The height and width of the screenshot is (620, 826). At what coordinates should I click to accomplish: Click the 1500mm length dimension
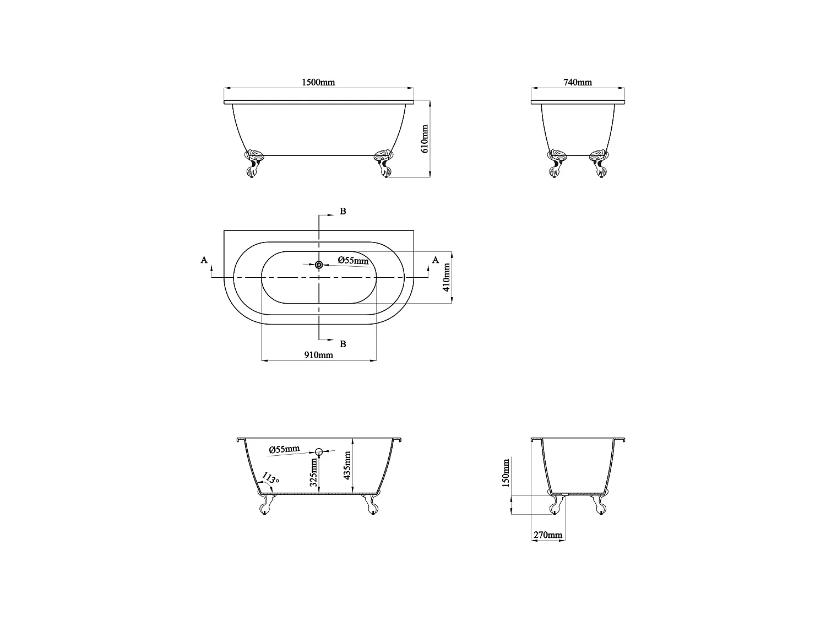pyautogui.click(x=318, y=83)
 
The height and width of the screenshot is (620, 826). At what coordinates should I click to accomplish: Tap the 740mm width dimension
pyautogui.click(x=578, y=83)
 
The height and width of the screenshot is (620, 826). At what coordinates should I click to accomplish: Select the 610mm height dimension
pyautogui.click(x=424, y=138)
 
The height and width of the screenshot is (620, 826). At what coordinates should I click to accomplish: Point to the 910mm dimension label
pyautogui.click(x=318, y=355)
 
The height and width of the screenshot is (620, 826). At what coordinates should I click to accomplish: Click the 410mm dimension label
pyautogui.click(x=447, y=277)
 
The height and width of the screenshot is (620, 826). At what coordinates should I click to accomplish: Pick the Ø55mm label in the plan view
pyautogui.click(x=353, y=260)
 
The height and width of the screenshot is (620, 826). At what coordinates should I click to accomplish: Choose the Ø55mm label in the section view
pyautogui.click(x=284, y=449)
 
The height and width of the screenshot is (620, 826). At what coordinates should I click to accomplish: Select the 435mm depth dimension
pyautogui.click(x=347, y=466)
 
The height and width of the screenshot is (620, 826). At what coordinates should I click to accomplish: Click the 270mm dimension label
pyautogui.click(x=547, y=535)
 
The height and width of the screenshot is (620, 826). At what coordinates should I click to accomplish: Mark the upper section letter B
pyautogui.click(x=343, y=212)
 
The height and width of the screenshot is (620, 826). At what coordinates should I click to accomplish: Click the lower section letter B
pyautogui.click(x=343, y=344)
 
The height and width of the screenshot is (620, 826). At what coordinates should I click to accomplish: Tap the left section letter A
pyautogui.click(x=204, y=260)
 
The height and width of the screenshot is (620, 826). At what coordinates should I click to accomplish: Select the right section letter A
pyautogui.click(x=436, y=260)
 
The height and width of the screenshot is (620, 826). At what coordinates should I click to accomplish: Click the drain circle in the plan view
pyautogui.click(x=319, y=265)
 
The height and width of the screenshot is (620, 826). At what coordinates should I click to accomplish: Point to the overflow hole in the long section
pyautogui.click(x=318, y=452)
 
